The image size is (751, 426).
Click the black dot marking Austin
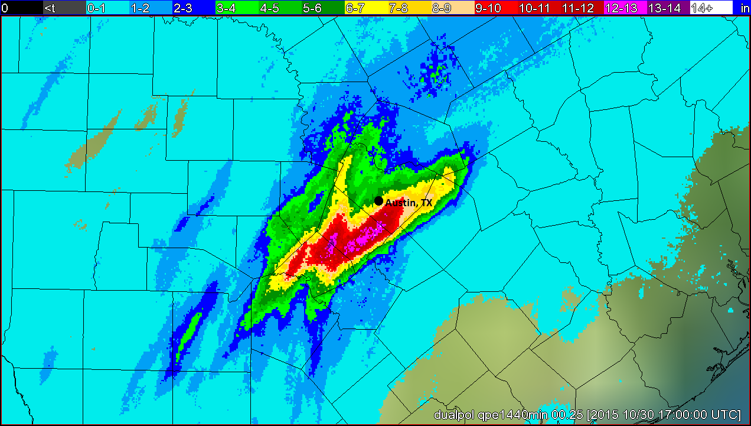click(x=378, y=201)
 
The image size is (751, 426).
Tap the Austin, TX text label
click(x=409, y=203)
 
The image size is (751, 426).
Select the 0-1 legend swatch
click(x=107, y=8)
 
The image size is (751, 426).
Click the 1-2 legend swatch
click(x=150, y=8)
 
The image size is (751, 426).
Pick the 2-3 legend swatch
click(x=193, y=8)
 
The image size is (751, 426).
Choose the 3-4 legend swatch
click(x=236, y=8)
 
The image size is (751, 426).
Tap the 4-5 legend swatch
click(x=279, y=8)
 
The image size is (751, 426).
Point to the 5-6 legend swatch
click(x=322, y=8)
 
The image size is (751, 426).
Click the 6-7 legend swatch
click(x=365, y=8)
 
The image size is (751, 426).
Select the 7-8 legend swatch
click(x=409, y=8)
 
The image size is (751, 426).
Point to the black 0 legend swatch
click(x=21, y=8)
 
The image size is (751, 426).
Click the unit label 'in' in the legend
click(x=744, y=8)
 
